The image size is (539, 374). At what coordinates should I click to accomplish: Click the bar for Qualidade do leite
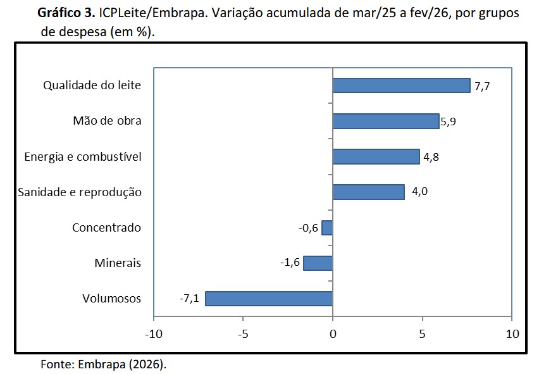(401, 85)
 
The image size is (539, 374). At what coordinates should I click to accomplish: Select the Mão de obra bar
(385, 121)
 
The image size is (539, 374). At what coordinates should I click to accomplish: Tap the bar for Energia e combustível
(376, 156)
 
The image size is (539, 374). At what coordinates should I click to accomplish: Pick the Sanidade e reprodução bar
(368, 192)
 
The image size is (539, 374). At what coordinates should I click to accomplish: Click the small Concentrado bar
(327, 228)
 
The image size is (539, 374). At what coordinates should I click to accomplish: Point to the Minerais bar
(318, 263)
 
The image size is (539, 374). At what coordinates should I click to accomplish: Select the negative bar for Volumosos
(269, 299)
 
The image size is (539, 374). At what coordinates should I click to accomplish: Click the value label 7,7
(483, 86)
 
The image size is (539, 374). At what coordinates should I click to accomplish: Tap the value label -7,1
(189, 299)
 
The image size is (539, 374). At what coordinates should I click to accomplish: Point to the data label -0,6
(308, 228)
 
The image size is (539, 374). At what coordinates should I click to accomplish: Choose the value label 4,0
(419, 192)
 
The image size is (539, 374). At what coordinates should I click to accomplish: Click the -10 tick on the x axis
(152, 333)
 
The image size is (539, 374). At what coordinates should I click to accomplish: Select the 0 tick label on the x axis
(333, 333)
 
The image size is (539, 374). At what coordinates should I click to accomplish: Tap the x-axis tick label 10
(512, 333)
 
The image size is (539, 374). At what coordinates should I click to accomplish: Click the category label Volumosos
(112, 299)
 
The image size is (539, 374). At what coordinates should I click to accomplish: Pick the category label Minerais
(118, 263)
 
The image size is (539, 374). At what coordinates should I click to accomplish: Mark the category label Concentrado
(106, 228)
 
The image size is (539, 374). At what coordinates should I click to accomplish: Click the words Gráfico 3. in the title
(66, 13)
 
